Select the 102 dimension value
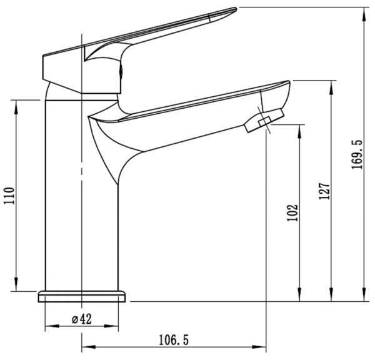292,212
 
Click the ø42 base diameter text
82,319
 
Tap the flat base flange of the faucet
82,296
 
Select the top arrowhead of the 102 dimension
301,128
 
